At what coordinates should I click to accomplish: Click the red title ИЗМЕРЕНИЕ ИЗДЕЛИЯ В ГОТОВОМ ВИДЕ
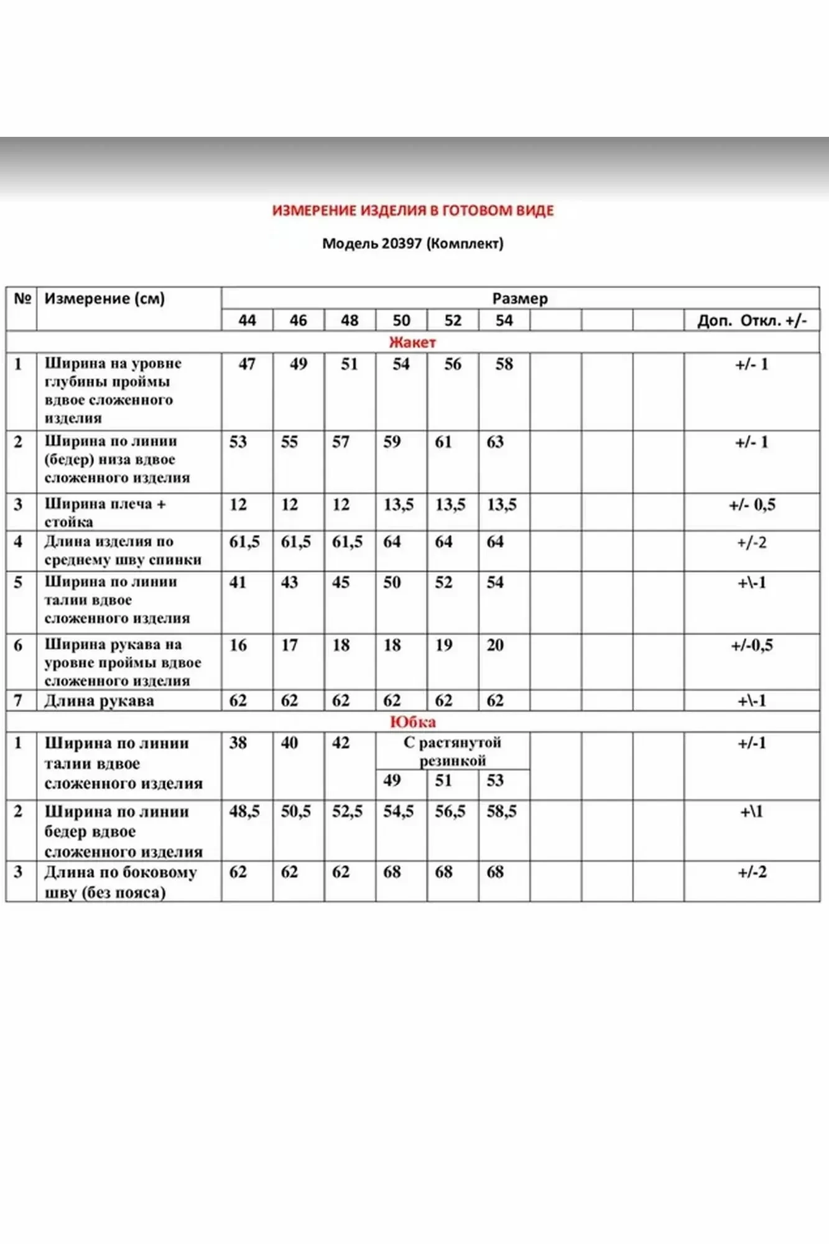tap(413, 211)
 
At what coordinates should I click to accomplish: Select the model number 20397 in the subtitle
tap(402, 243)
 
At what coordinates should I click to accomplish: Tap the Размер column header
tap(520, 299)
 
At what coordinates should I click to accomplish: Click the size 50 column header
tap(401, 320)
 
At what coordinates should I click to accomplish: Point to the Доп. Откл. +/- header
tap(752, 320)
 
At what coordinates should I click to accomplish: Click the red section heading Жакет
tap(412, 342)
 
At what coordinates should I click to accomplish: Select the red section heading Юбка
tap(412, 722)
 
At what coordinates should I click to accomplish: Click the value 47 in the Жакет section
tap(247, 364)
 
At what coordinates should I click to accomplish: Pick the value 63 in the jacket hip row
tap(495, 442)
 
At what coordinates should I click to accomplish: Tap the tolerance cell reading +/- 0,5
tap(752, 504)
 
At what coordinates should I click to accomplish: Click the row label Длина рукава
tap(99, 701)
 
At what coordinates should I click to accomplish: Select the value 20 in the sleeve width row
tap(495, 645)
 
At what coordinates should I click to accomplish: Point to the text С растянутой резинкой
tap(452, 751)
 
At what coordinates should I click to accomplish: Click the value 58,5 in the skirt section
tap(501, 811)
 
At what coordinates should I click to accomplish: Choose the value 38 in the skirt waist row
tap(238, 743)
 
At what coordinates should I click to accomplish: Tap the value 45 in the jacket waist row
tap(341, 582)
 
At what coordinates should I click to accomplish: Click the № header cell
tap(22, 299)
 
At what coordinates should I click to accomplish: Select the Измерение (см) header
tap(104, 299)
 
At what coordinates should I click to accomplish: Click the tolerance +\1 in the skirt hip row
tap(751, 811)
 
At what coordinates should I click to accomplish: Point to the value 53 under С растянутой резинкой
tap(495, 780)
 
